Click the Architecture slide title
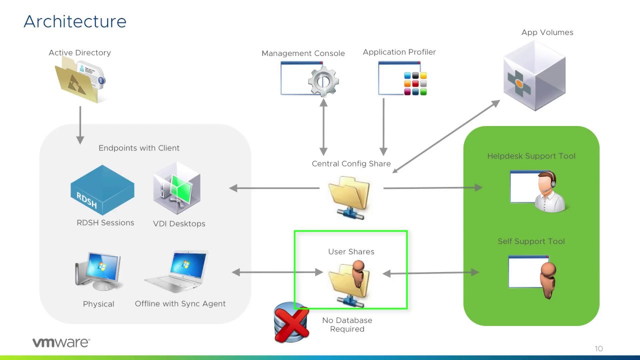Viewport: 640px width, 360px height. pos(75,21)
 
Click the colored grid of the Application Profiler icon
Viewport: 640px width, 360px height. pos(415,83)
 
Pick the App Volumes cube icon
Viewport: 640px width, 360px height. pos(534,75)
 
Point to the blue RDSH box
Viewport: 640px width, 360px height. pos(102,190)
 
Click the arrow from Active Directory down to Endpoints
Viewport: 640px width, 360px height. pos(80,124)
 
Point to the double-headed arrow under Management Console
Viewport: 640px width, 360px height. pos(323,127)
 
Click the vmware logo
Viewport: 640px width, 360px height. pos(61,342)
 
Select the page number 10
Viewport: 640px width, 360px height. pos(598,348)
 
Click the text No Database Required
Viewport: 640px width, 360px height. pos(347,324)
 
